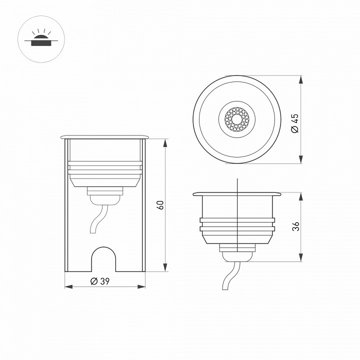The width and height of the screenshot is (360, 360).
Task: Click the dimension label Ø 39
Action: (100, 281)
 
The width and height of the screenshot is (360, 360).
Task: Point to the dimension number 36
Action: (295, 226)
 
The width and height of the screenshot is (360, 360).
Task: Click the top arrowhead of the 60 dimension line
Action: (165, 142)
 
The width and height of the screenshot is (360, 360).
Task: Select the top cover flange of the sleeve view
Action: (104, 136)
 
